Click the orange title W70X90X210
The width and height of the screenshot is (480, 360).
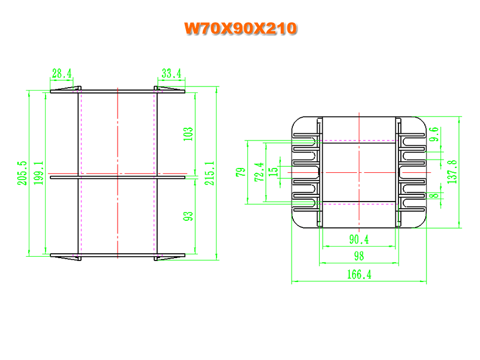[241, 28]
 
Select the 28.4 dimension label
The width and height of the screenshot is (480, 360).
[62, 73]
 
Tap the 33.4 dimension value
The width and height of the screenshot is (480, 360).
[172, 73]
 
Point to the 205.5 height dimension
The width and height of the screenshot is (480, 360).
[22, 173]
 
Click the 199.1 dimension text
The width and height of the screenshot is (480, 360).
[38, 173]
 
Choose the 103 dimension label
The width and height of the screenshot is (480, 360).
[188, 134]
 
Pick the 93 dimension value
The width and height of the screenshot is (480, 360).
[188, 216]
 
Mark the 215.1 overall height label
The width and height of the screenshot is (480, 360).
[209, 173]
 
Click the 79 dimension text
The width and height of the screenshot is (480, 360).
[241, 172]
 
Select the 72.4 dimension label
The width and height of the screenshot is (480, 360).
[259, 172]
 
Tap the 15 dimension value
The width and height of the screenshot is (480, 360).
[273, 172]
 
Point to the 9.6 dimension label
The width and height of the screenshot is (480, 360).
[434, 134]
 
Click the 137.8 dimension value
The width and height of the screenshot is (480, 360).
[452, 172]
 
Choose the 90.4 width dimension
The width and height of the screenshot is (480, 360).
[359, 239]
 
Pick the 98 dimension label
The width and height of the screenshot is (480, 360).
[359, 256]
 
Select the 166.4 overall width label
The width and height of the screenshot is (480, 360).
[359, 274]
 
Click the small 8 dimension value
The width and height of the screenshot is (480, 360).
[435, 196]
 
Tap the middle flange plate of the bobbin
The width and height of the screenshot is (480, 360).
[118, 177]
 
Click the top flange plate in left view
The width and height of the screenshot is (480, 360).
[118, 92]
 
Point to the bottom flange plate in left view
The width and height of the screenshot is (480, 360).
[118, 255]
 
